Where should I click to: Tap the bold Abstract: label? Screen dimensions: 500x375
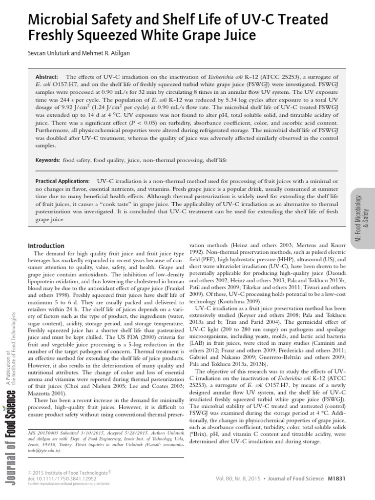pyautogui.click(x=47, y=77)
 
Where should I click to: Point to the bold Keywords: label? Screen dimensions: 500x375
pyautogui.click(x=48, y=160)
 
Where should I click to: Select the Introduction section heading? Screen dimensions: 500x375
pyautogui.click(x=46, y=246)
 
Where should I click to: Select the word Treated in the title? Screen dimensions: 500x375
pyautogui.click(x=301, y=20)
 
